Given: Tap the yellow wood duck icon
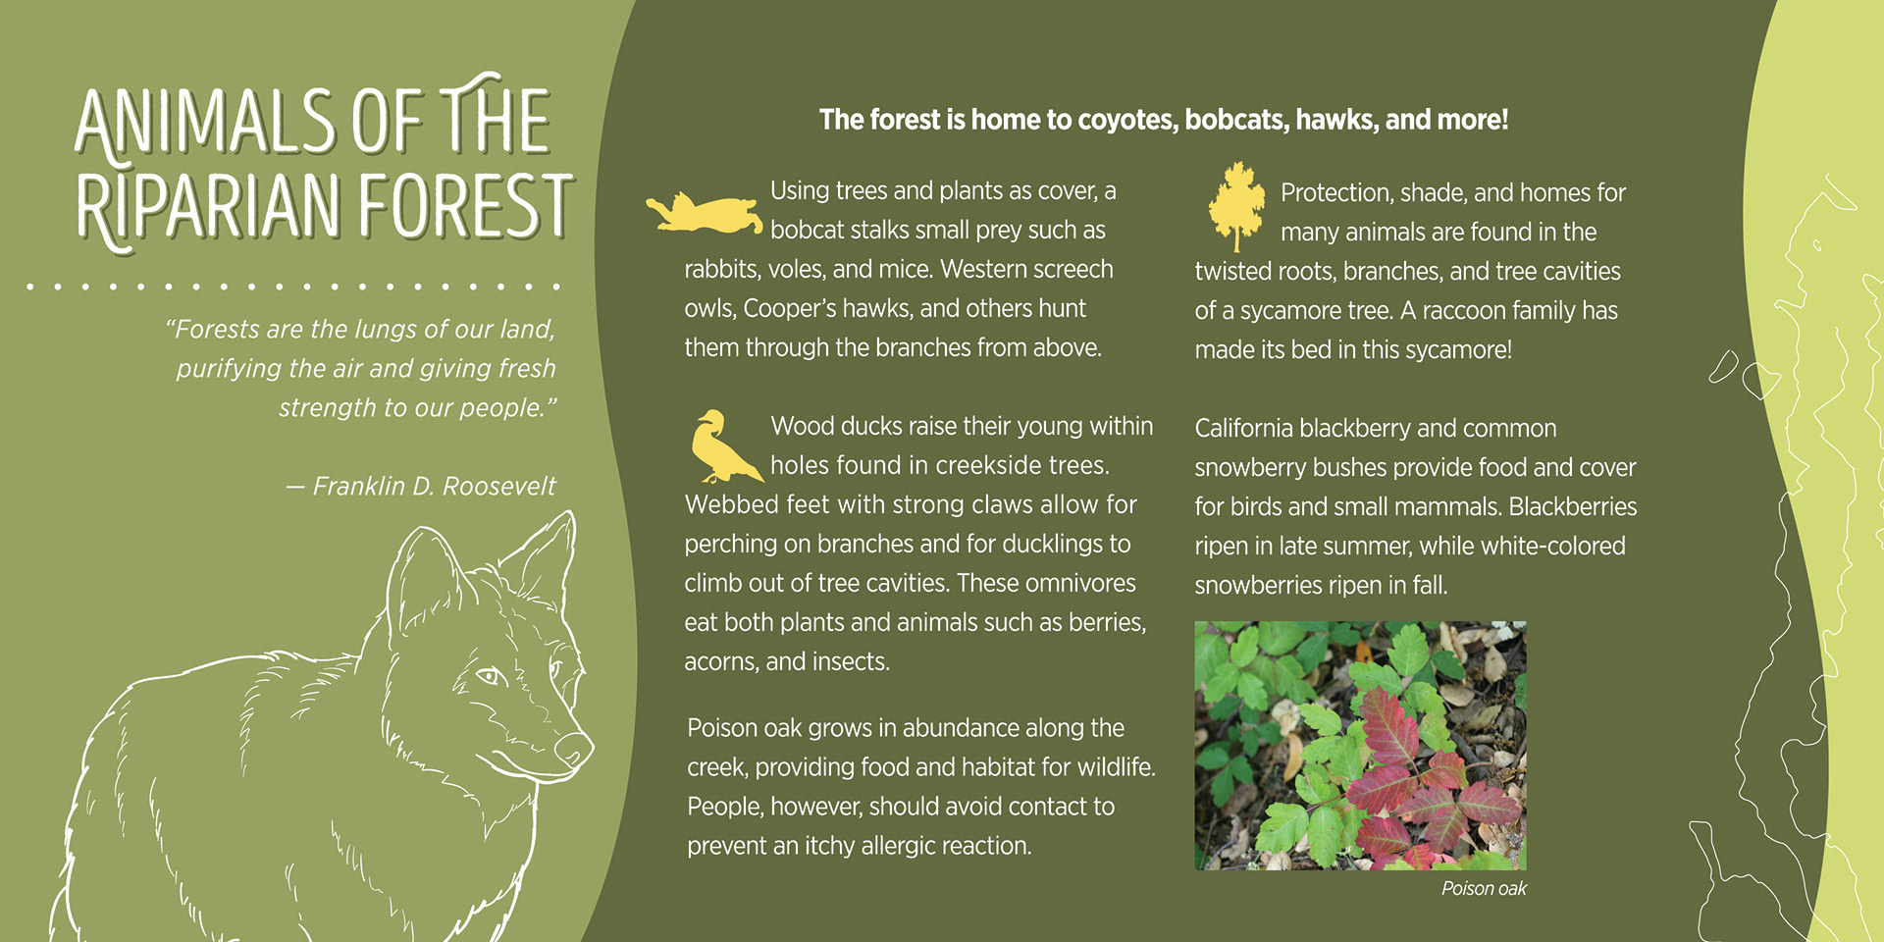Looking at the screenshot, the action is (723, 447).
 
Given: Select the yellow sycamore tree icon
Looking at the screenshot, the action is (1236, 203).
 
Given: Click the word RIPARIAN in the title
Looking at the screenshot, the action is (207, 208).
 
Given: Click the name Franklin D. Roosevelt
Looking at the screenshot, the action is (434, 486).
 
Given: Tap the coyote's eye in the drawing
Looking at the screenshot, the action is (488, 676).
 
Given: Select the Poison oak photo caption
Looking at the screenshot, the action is (1484, 888).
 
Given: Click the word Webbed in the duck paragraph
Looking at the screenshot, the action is (729, 504).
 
